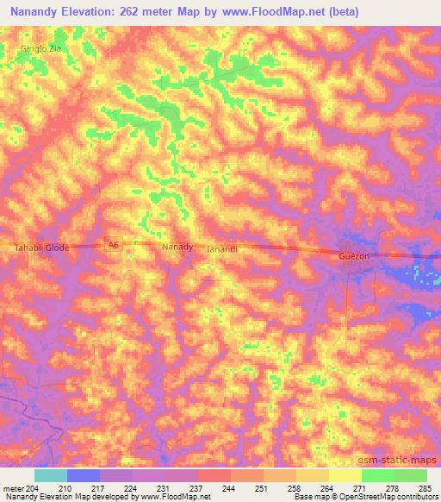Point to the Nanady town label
click(177, 247)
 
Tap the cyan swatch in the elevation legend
click(50, 475)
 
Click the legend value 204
click(33, 487)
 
